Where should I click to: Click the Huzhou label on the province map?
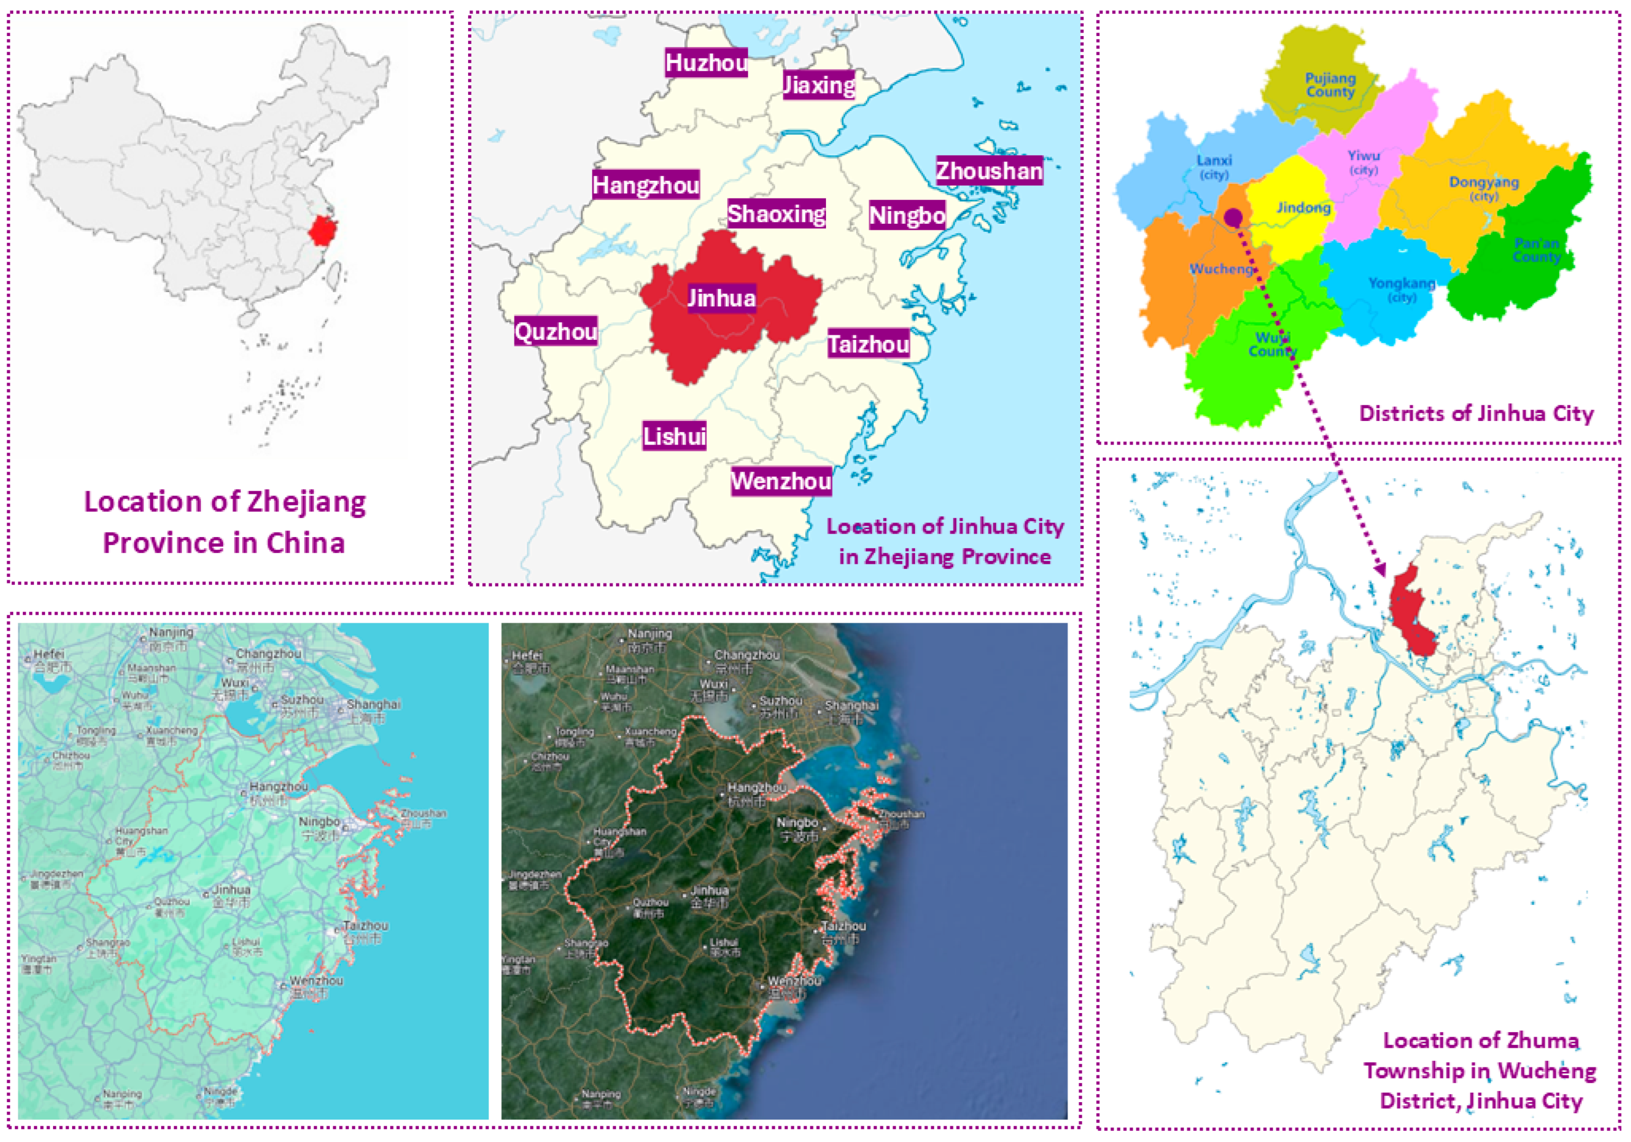click(706, 63)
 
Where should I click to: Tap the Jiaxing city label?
click(818, 85)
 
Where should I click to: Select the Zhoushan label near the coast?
click(989, 171)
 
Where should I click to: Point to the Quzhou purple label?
click(555, 331)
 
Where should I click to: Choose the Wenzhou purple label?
click(781, 481)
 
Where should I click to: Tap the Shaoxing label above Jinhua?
click(777, 213)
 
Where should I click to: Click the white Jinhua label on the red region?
click(721, 298)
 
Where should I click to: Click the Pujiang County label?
click(1330, 84)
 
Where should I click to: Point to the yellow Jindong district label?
click(1303, 208)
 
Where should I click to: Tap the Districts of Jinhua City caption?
click(1476, 413)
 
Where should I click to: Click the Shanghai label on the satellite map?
click(851, 706)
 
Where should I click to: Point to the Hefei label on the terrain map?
click(48, 654)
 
